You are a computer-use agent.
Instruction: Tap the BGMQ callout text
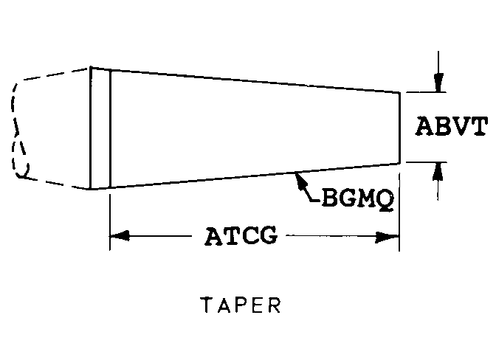coord(356,199)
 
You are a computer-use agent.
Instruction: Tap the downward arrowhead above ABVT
coord(438,83)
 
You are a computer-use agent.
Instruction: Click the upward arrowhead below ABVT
coord(438,170)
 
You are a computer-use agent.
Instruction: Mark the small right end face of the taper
coord(399,127)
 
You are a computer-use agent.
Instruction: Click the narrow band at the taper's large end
coord(100,128)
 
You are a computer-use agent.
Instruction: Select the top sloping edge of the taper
coord(251,81)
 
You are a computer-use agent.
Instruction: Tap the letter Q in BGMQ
coord(382,200)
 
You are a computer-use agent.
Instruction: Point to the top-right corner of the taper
coord(399,92)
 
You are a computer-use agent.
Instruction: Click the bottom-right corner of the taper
coord(399,162)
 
